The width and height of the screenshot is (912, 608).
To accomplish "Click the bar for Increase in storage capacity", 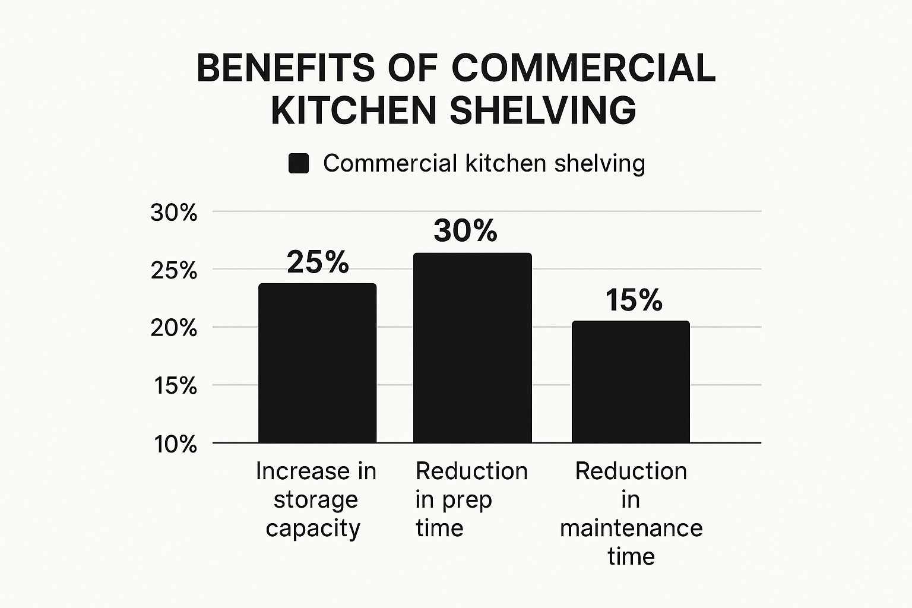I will (x=317, y=363).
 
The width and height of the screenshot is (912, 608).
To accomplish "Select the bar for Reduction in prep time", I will (x=472, y=348).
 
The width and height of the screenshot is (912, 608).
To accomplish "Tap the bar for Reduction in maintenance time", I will (x=631, y=382).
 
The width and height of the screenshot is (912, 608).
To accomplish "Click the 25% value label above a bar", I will (x=318, y=262).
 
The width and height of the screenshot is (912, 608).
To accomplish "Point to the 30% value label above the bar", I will (x=465, y=230).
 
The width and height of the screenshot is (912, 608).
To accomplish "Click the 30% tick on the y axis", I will (x=174, y=213).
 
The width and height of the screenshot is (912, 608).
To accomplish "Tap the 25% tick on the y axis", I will (x=174, y=271).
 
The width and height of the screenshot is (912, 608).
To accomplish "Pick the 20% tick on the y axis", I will (x=174, y=328).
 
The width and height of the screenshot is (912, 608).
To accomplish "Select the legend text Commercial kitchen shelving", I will (x=484, y=163).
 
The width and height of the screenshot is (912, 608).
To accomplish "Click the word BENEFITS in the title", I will (x=286, y=68).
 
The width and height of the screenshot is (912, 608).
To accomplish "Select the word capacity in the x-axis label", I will (x=313, y=528).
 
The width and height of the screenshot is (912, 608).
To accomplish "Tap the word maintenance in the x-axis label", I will (x=631, y=528).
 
